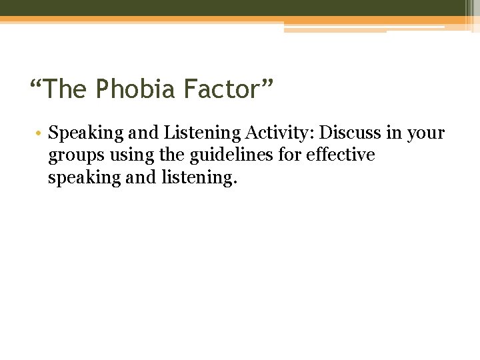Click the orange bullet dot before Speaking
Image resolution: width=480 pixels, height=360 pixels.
(40, 133)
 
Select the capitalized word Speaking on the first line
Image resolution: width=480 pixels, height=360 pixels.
(77, 133)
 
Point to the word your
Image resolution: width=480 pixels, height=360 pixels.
(425, 133)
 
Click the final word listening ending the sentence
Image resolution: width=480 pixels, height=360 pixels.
(202, 178)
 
